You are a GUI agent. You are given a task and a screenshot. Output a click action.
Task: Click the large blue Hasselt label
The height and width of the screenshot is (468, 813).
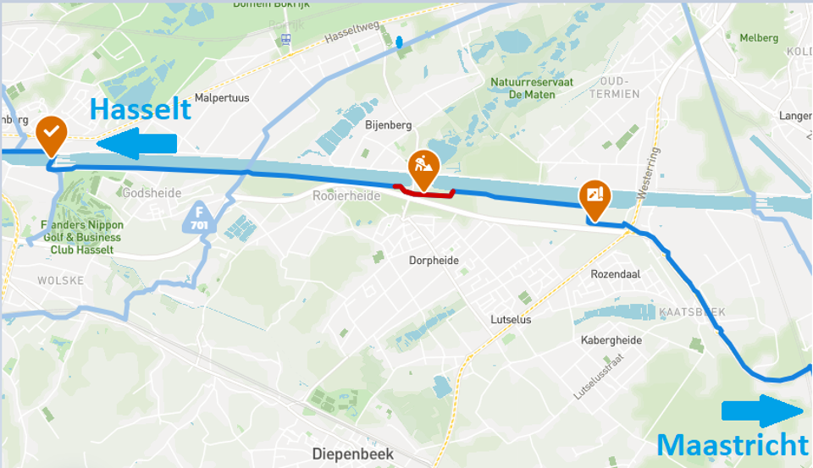coord(141,110)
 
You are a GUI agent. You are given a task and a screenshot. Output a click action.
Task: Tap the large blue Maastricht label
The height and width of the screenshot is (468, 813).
coord(733,444)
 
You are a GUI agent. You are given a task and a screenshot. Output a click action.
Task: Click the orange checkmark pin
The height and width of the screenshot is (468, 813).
coord(52,134)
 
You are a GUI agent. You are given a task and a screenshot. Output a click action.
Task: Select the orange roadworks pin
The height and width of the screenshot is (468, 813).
coord(423,168)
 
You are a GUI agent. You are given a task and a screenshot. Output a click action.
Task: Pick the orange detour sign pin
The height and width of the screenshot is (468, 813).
coord(595,195)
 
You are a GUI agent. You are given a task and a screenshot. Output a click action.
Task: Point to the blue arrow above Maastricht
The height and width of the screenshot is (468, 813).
coord(762,412)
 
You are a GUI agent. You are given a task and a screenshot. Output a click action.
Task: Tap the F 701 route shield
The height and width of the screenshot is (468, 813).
coord(199,220)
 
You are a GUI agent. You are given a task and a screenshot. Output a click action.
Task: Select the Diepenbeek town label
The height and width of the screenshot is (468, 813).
coord(353,454)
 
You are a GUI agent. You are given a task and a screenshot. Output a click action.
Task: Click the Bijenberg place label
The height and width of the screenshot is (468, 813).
coord(388,125)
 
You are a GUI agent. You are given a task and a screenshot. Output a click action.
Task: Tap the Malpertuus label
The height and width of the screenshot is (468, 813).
coord(222,98)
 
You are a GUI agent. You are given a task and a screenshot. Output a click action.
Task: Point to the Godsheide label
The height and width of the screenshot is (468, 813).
coord(152,193)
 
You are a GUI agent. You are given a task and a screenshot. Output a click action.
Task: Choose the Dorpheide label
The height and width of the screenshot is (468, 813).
coord(434,261)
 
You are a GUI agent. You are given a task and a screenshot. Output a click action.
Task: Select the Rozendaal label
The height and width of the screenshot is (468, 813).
coord(616,274)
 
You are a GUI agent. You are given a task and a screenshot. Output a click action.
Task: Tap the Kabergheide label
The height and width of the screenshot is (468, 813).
coord(611,340)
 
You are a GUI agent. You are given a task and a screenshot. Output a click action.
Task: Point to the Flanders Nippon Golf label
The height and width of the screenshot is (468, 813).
coord(81,237)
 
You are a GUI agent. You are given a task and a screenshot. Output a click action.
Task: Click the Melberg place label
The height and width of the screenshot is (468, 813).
coord(759,38)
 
